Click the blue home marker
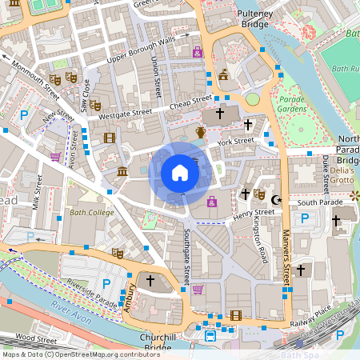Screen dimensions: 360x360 pyautogui.click(x=180, y=173)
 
